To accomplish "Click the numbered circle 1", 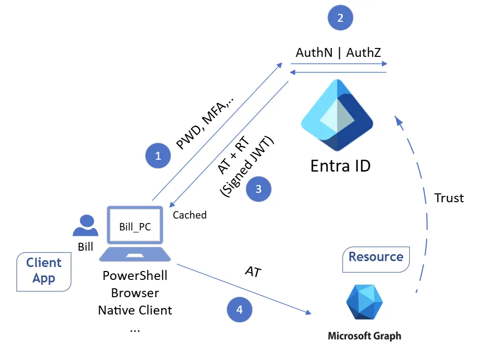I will tap(158, 156).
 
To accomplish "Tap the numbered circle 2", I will tap(340, 18).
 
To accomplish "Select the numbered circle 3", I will tap(258, 189).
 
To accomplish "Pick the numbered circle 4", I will tap(239, 310).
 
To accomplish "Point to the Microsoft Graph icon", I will tap(364, 302).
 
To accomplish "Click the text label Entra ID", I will tap(340, 166).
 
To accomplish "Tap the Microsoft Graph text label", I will tap(364, 336).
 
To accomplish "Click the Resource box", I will tap(376, 257).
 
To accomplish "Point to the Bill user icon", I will tap(85, 225).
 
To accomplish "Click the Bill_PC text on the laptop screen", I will tap(135, 227).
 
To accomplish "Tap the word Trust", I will tap(449, 198).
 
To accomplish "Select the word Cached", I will tap(189, 215).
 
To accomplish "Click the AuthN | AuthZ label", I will tap(338, 52).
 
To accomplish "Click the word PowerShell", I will tap(135, 275).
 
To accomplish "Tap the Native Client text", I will tap(135, 310).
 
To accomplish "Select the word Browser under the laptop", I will tap(135, 293).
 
